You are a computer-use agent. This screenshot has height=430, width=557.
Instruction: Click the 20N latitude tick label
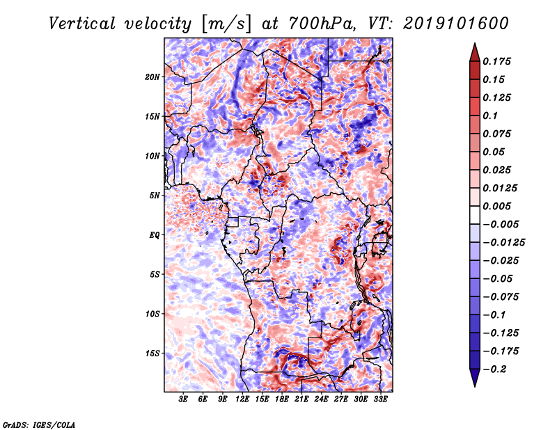tap(152, 77)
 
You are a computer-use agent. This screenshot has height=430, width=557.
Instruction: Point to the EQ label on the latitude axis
tap(155, 235)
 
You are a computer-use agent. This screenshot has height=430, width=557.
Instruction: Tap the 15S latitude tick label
tap(152, 353)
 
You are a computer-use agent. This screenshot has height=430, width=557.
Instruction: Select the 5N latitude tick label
tap(155, 196)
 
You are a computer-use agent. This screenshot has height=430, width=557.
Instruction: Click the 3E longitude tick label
tap(183, 399)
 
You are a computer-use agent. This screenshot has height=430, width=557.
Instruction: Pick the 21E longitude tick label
tap(301, 399)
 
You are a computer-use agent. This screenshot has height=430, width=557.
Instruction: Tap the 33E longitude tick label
tap(380, 399)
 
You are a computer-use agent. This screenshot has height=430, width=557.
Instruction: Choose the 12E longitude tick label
tap(242, 399)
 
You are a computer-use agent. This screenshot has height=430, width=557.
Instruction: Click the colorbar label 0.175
tap(496, 61)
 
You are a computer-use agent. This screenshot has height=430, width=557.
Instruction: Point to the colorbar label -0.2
tap(495, 369)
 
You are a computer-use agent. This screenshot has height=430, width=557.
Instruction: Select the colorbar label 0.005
tap(496, 206)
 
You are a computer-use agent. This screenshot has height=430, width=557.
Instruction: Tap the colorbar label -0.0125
tap(503, 243)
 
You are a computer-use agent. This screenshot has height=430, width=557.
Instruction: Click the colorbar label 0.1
tap(490, 116)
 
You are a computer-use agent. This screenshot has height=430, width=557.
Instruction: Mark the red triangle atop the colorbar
tap(475, 52)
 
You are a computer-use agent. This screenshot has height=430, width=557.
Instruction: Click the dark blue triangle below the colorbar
tap(475, 378)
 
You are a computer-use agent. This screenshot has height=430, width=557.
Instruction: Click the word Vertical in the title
tap(82, 24)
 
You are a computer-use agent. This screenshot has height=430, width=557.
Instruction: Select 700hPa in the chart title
tap(322, 24)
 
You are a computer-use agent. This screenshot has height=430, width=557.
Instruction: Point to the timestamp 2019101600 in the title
tap(456, 24)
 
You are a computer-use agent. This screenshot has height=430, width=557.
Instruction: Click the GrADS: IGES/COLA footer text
tap(39, 425)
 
